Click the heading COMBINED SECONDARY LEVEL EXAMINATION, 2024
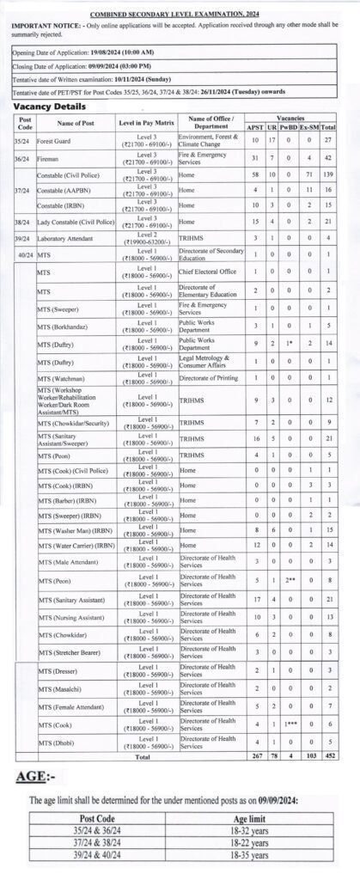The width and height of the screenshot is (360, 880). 180,15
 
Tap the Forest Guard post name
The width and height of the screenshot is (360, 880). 53,139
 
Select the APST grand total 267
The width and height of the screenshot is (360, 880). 254,756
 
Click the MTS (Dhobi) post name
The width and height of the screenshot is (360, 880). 57,740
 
